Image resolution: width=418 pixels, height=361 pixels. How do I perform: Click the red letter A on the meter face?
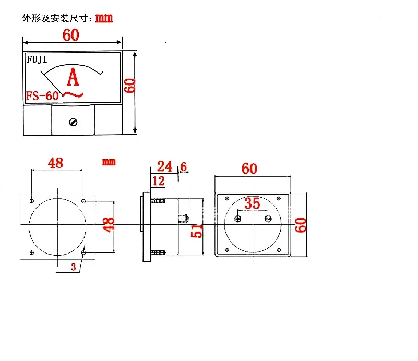coord(74,78)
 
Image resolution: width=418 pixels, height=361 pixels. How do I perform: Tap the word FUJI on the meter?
coord(37,59)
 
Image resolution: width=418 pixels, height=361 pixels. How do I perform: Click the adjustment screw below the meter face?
coord(73,122)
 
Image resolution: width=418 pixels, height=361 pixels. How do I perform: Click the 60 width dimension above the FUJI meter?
coord(70,35)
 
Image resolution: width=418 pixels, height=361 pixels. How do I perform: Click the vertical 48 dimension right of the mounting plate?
coord(108,225)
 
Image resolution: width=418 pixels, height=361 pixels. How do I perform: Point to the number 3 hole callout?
coord(74,267)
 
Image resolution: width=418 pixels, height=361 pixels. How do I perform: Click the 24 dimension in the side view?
coord(164,166)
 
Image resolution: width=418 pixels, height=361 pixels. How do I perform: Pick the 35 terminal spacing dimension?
coord(252,204)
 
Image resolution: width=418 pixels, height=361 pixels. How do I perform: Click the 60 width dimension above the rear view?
coord(249,169)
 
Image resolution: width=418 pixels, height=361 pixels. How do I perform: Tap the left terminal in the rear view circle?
coord(238,219)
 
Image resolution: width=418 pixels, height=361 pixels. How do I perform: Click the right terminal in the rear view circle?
coord(268,219)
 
